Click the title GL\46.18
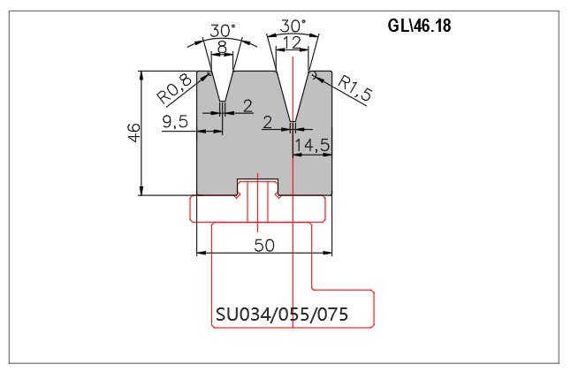click(x=419, y=26)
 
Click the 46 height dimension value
click(x=134, y=133)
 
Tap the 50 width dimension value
click(x=264, y=246)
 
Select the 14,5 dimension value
click(x=312, y=145)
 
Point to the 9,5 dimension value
click(x=175, y=121)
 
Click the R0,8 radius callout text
click(x=174, y=89)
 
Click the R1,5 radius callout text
click(x=354, y=87)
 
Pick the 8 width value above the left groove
click(x=222, y=48)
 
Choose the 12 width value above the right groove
click(x=292, y=42)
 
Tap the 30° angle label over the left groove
click(x=223, y=31)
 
